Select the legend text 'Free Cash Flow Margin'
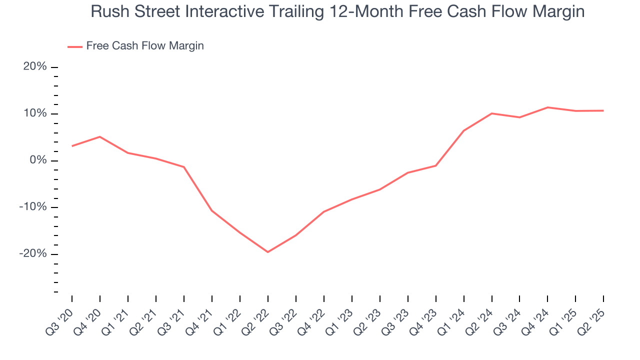coord(145,46)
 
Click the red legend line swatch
coord(74,46)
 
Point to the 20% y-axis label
coord(35,67)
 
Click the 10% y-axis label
coord(35,113)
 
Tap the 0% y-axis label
coord(38,160)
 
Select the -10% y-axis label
coord(33,207)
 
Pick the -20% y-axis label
coord(33,254)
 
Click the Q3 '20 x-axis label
coord(59,320)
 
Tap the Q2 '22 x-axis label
coord(255,320)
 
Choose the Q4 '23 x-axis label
coord(423,320)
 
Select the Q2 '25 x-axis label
coord(591,320)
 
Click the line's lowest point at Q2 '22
coord(268,252)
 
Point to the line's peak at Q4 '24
coord(547,107)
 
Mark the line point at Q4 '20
coord(100,136)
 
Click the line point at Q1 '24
coord(464,130)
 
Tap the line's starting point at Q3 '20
coord(72,146)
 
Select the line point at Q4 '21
coord(212,210)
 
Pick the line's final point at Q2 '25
coord(603,110)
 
